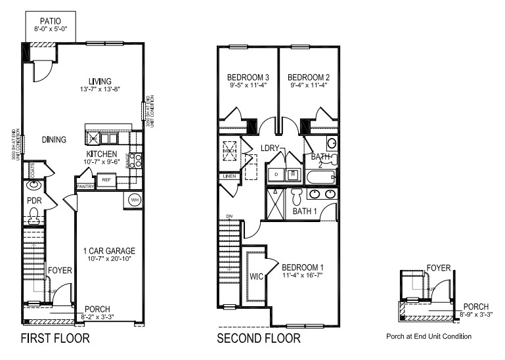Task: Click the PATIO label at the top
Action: pyautogui.click(x=51, y=22)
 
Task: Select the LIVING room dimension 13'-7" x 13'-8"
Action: pyautogui.click(x=100, y=88)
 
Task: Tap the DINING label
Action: pyautogui.click(x=55, y=139)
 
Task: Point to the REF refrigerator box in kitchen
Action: pyautogui.click(x=105, y=179)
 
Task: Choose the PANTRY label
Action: pyautogui.click(x=86, y=187)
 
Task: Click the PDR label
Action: pyautogui.click(x=33, y=200)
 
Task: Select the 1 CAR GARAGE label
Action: pyautogui.click(x=109, y=251)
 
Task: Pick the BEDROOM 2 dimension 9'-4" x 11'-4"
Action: pyautogui.click(x=309, y=85)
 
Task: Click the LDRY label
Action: pyautogui.click(x=270, y=148)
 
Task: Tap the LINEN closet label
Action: pyautogui.click(x=229, y=176)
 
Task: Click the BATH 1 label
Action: pyautogui.click(x=305, y=211)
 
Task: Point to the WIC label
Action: pyautogui.click(x=256, y=277)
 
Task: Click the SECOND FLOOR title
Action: pyautogui.click(x=259, y=339)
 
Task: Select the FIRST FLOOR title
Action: pyautogui.click(x=55, y=339)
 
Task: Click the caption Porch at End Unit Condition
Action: pyautogui.click(x=428, y=336)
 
